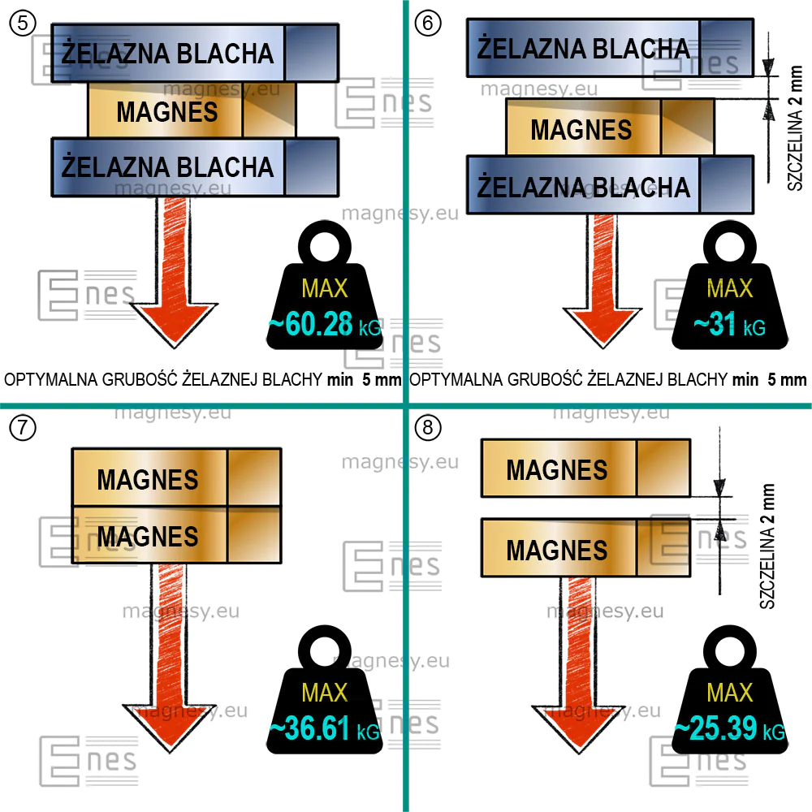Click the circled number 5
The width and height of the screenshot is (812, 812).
[23, 24]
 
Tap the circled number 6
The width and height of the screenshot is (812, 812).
[428, 24]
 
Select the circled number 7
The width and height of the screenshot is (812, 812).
[23, 428]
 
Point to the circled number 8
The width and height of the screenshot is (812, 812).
[428, 428]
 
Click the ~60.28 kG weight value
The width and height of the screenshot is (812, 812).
[325, 325]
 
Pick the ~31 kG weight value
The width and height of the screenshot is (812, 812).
[730, 325]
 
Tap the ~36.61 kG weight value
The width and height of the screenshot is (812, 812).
[325, 728]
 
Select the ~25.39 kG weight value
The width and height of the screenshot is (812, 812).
[730, 728]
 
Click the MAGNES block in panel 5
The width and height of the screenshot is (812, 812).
[192, 110]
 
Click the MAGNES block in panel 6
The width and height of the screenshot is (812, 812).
[610, 127]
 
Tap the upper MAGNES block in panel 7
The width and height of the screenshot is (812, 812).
[176, 477]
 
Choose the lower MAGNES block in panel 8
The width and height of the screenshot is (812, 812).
[585, 548]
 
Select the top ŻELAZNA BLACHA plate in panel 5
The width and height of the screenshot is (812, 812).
[195, 53]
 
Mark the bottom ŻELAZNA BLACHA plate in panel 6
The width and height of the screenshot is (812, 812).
[610, 185]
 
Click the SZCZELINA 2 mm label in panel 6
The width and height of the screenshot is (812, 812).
[795, 128]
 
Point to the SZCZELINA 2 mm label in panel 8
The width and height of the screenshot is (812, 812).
[767, 546]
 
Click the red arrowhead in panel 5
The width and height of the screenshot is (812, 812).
[174, 324]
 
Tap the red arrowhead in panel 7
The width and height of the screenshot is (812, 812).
[170, 728]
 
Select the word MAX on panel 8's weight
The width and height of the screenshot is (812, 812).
[730, 693]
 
